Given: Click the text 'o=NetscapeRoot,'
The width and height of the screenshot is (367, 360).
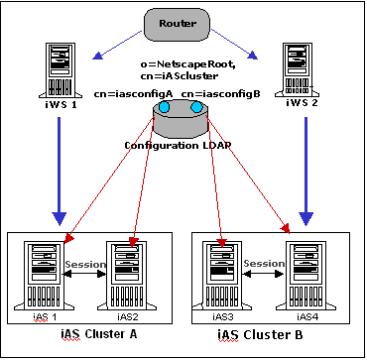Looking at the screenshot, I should coord(183,64).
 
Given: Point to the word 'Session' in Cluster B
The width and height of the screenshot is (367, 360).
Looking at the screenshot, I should coord(266,266).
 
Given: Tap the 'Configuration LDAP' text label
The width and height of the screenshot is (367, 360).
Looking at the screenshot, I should coord(184,145).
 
